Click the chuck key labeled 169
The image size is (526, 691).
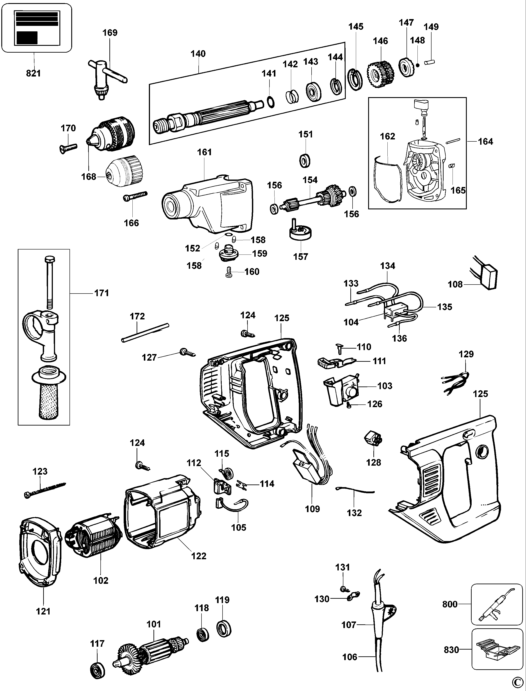(x=105, y=77)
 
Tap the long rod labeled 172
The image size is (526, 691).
(x=145, y=333)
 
